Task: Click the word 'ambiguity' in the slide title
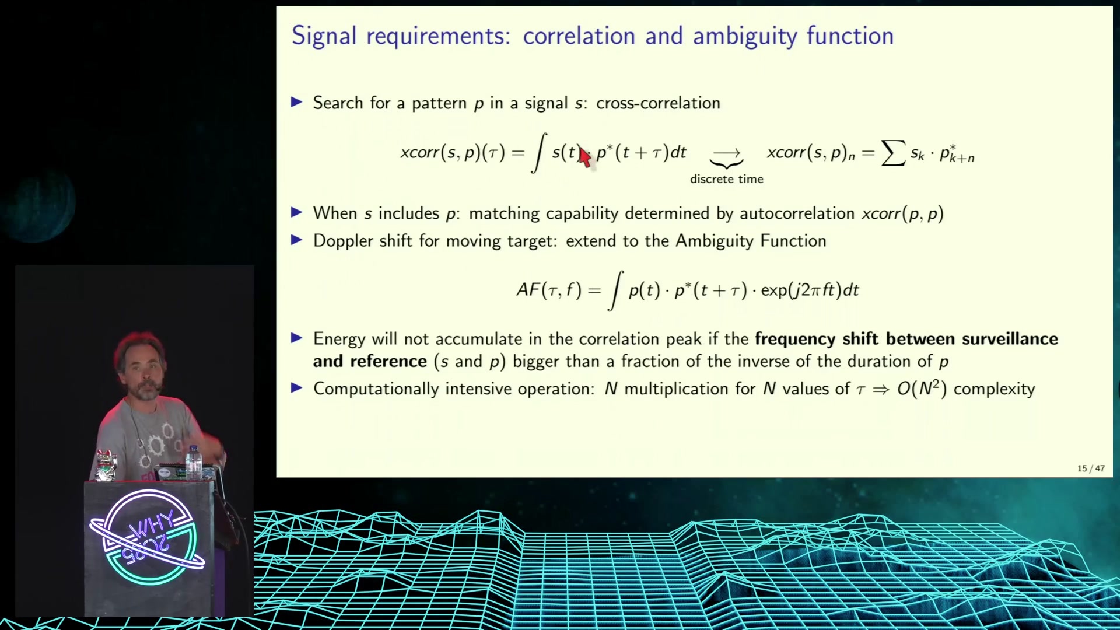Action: point(744,37)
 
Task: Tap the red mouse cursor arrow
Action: point(584,157)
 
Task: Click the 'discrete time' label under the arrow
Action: point(726,179)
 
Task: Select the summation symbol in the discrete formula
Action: point(893,153)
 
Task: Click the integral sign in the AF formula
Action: point(615,290)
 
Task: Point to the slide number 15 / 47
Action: point(1091,468)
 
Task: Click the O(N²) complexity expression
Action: point(922,388)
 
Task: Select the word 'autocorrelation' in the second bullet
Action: point(797,213)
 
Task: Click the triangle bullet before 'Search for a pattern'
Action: point(296,103)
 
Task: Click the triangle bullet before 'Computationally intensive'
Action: point(296,388)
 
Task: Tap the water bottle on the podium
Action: point(194,463)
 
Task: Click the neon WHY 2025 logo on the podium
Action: point(146,537)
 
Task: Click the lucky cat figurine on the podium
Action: point(106,466)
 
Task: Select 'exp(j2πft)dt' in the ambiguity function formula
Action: point(810,290)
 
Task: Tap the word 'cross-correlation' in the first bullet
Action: point(658,103)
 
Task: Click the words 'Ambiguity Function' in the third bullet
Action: point(751,242)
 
